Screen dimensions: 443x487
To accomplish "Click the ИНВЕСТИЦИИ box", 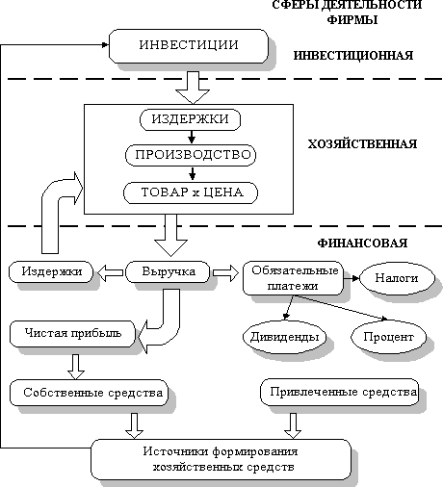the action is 189,46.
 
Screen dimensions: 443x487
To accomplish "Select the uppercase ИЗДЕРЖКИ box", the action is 190,119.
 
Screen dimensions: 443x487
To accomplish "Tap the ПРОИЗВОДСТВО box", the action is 191,155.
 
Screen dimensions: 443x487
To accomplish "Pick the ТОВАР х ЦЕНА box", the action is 191,192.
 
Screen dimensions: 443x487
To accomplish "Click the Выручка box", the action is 168,271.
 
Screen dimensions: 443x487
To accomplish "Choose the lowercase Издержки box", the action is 51,271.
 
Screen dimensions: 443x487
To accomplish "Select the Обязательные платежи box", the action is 293,278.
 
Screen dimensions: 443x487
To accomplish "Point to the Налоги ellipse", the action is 397,278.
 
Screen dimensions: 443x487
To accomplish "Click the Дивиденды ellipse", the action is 284,337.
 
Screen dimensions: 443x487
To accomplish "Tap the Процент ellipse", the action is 388,337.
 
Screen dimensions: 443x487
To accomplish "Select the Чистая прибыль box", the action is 73,334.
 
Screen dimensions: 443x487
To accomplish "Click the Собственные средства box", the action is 89,393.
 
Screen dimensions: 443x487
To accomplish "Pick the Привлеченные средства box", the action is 340,392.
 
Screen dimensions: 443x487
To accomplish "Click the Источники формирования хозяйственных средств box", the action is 221,459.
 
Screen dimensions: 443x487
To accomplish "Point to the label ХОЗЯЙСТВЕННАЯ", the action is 362,144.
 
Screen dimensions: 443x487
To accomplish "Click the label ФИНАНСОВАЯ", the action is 362,243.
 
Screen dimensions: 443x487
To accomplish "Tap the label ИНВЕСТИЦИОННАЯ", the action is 353,56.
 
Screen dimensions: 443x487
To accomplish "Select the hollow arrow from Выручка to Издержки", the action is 110,272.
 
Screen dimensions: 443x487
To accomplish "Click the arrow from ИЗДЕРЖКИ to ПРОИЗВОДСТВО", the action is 192,137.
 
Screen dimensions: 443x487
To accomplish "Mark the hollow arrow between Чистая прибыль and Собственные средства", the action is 76,367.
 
